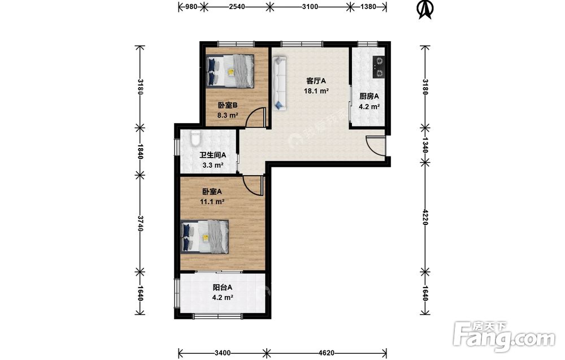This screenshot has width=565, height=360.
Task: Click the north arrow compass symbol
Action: [425, 10]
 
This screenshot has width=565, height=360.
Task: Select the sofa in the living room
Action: [279, 83]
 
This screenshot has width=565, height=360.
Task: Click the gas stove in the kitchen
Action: [379, 67]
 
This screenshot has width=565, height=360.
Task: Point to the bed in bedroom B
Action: [230, 71]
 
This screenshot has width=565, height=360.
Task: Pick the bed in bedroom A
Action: [205, 237]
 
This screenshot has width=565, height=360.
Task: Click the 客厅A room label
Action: [316, 80]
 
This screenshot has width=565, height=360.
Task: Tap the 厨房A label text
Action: [369, 96]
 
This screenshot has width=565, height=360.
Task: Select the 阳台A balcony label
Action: [222, 288]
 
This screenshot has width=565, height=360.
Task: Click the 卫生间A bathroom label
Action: [213, 155]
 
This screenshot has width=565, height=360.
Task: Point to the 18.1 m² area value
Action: [316, 91]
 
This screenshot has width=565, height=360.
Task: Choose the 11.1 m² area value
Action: [212, 202]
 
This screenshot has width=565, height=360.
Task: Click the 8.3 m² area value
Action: [228, 115]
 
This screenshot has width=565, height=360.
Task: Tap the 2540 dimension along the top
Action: [237, 6]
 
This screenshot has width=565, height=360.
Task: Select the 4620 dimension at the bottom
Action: [327, 353]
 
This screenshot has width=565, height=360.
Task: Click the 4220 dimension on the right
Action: [425, 217]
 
